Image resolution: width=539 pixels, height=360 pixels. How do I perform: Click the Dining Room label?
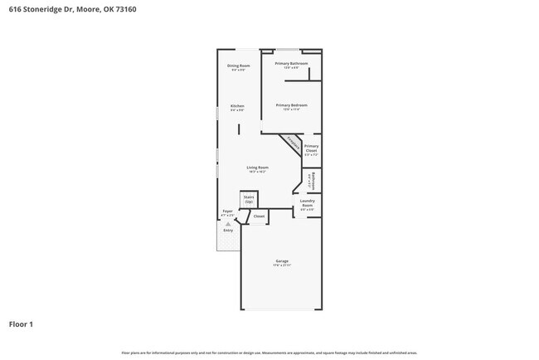pos(238,66)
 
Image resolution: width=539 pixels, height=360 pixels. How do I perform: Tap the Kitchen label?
pos(237,106)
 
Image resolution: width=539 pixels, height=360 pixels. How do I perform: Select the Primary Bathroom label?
pos(291,64)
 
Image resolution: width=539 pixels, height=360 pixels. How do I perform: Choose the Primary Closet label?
pos(311,148)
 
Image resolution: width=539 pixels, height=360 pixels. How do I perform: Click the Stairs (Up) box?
pos(249,199)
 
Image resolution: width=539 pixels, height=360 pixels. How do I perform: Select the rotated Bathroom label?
pos(312,180)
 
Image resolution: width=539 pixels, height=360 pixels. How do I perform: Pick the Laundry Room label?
pos(307,203)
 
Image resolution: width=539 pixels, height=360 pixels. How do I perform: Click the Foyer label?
pos(227,212)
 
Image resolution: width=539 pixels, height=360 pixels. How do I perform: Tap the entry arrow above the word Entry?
pos(228,224)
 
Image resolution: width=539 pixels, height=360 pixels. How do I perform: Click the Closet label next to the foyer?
pos(259,216)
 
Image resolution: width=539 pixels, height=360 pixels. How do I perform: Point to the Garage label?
pos(282,261)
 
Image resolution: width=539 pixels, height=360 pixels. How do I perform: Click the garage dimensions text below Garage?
pos(282,266)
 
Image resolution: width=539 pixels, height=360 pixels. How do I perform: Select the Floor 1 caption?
pos(21,324)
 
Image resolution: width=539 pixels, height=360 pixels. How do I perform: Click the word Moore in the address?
pos(87,9)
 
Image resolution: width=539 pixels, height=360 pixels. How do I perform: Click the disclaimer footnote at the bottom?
pos(269,353)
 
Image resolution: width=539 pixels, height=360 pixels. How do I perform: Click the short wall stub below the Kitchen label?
pos(239,129)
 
